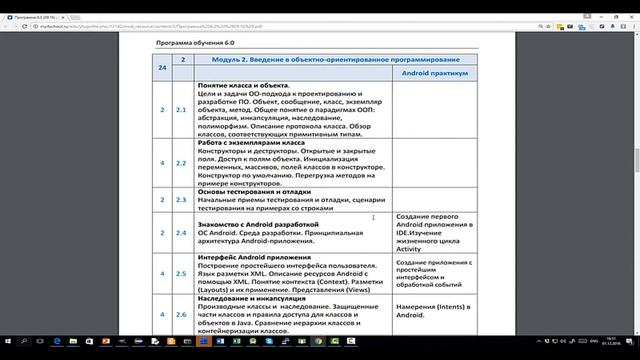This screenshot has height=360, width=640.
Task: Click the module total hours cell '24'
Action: pos(163,67)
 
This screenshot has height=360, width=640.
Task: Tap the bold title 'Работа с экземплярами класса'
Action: pos(251,142)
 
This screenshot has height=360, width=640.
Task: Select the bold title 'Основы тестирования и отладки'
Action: pos(254,190)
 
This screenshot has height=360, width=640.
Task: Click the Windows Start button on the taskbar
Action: pos(9,351)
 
